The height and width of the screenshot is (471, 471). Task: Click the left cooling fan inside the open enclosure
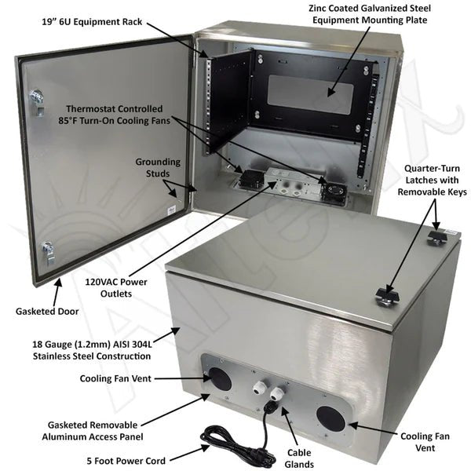click(250, 178)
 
